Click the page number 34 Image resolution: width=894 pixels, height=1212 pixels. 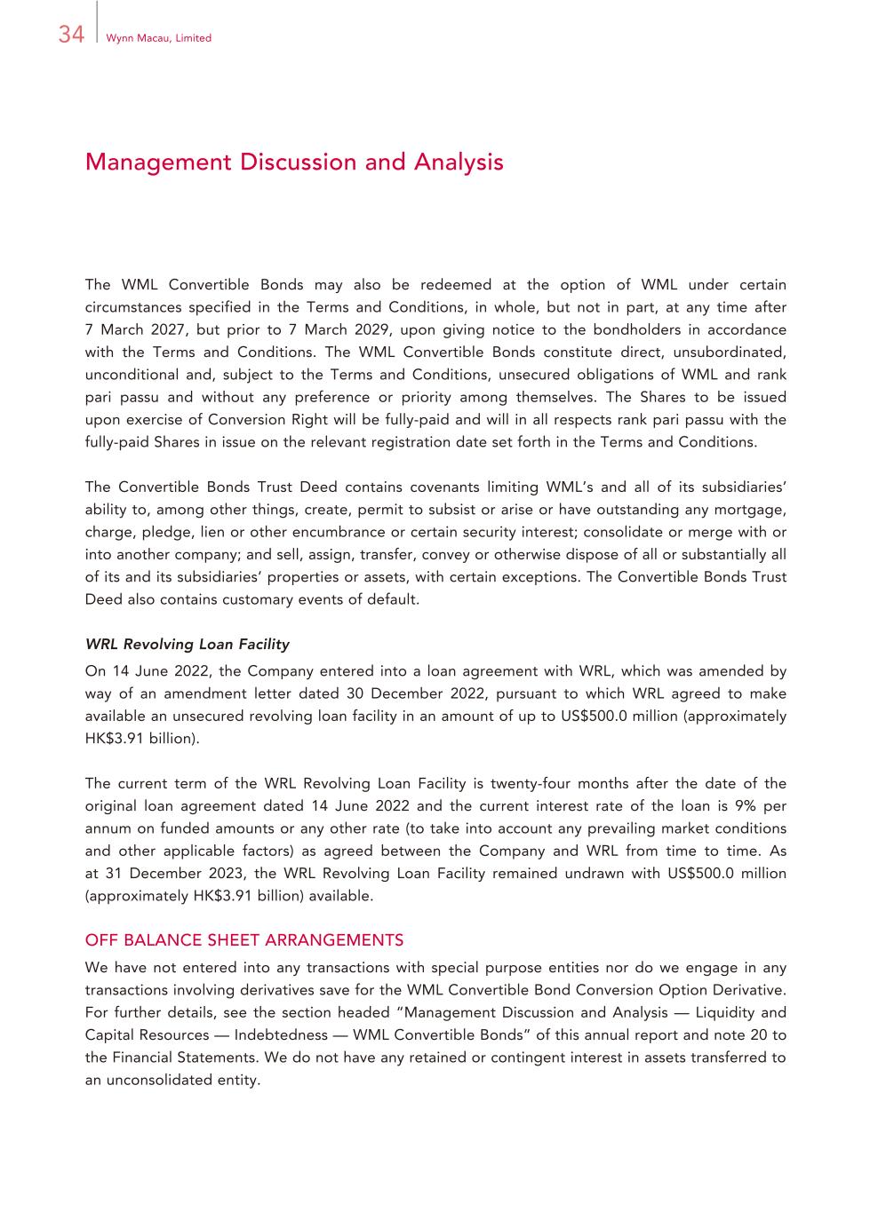click(71, 35)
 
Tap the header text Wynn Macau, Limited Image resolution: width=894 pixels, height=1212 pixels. click(158, 38)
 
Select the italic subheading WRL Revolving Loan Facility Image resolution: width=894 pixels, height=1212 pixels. click(187, 644)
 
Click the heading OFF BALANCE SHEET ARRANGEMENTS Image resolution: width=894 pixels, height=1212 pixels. click(243, 940)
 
